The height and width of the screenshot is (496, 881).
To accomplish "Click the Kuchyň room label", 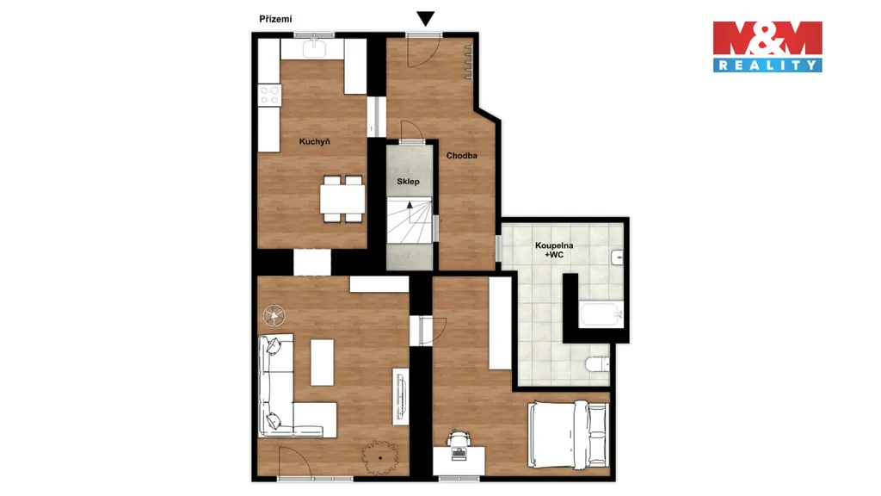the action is point(315,142).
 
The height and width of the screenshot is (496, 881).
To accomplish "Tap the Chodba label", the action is point(462,156).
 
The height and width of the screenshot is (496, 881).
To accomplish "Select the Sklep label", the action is point(408,182).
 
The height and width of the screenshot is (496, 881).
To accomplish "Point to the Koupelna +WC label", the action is point(554,251).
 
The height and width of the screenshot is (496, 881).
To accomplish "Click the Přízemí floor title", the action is point(275,19).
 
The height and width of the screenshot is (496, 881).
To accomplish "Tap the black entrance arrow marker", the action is point(425,19).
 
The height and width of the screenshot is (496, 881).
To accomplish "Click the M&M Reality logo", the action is point(767,46).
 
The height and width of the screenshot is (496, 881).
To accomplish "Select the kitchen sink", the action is point(314,48).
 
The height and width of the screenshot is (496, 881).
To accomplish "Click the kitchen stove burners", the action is point(269,95).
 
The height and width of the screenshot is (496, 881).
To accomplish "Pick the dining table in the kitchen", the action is point(342,199).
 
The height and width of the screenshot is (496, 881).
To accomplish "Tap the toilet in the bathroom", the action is point(597,365).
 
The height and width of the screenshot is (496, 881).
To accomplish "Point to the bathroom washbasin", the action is point(617,257).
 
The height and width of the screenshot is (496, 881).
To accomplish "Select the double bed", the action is point(569,434).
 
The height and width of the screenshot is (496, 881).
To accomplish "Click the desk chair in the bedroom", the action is point(459,437).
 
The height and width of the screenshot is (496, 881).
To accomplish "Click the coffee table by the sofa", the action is point(322,363).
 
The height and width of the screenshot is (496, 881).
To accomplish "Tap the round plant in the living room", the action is point(380,458).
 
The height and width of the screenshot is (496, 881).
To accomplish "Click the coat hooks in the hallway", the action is point(469,62).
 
